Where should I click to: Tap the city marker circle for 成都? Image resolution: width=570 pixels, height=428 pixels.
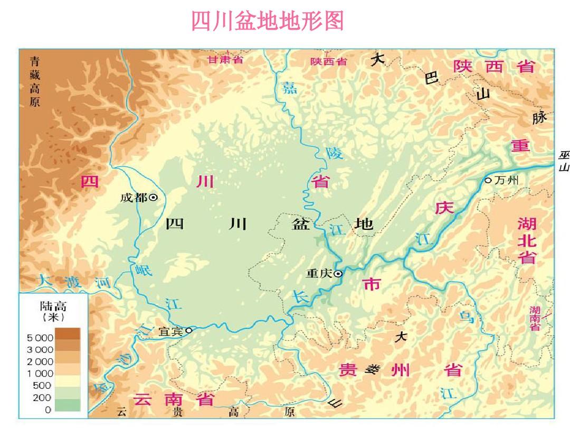[154, 197]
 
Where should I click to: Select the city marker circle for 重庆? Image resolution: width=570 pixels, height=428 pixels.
[338, 274]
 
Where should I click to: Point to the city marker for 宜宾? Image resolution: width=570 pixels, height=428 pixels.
[188, 330]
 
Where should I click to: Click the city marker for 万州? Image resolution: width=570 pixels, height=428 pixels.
[488, 181]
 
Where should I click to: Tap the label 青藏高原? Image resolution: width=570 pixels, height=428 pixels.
[35, 81]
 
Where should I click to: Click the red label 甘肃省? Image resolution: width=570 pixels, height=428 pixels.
[225, 59]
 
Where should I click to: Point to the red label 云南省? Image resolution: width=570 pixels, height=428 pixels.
[173, 399]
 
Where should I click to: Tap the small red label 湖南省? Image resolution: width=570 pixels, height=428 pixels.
[535, 318]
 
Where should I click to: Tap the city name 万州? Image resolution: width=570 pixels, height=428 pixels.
[507, 181]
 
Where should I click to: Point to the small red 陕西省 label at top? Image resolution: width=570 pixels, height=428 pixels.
[328, 61]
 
